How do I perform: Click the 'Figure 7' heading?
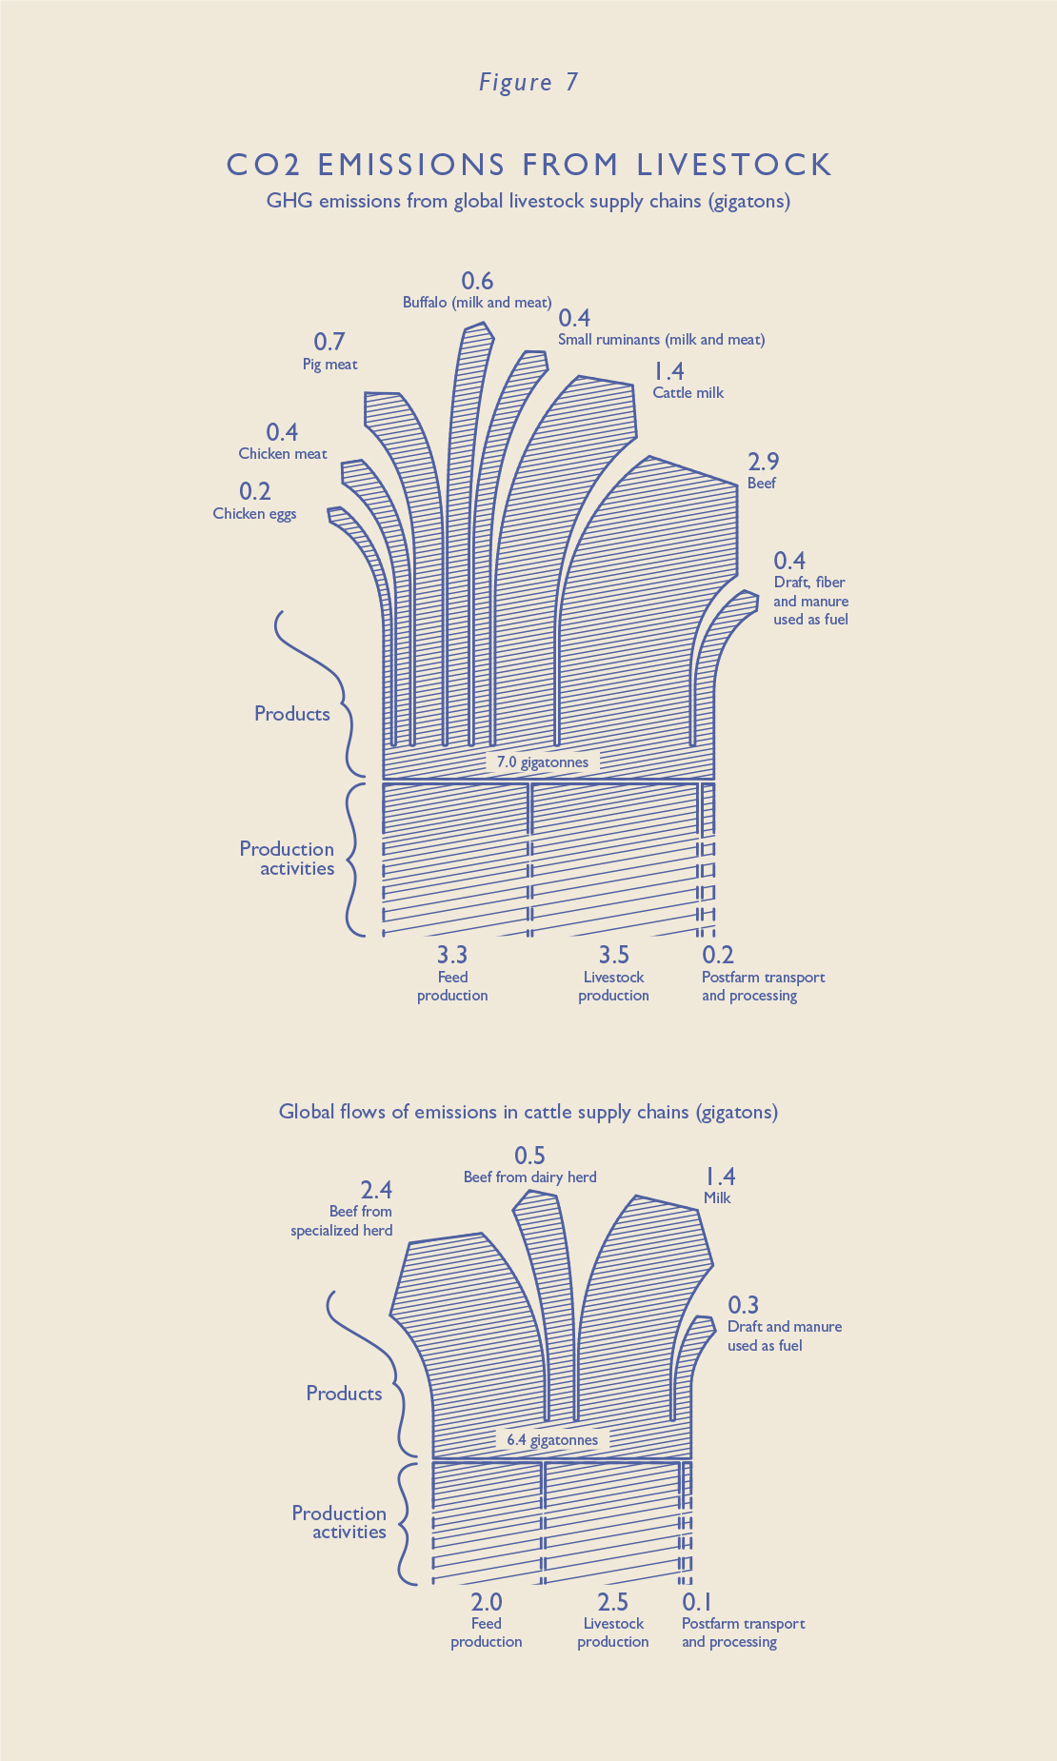pos(528,83)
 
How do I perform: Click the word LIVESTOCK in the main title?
pos(734,165)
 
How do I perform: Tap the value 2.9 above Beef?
pos(764,462)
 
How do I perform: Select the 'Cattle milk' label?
pos(688,392)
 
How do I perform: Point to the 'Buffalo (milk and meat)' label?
pos(476,303)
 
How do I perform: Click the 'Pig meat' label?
pos(329,364)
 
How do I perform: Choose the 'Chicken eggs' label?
pos(254,514)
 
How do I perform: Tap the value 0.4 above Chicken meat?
pos(282,432)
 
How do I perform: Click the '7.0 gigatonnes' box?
pos(543,762)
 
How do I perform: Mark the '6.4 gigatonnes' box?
pos(552,1439)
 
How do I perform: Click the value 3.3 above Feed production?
pos(451,954)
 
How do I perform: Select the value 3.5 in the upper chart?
pos(613,954)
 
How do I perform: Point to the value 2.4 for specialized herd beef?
pos(376,1190)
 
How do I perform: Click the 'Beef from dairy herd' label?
pos(529,1177)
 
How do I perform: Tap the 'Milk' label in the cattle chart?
pos(717,1198)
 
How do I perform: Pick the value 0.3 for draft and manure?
pos(744,1305)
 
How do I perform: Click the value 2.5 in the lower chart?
pos(612,1602)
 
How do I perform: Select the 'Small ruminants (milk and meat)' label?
pos(661,340)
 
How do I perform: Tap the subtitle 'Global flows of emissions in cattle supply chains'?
pos(528,1112)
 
